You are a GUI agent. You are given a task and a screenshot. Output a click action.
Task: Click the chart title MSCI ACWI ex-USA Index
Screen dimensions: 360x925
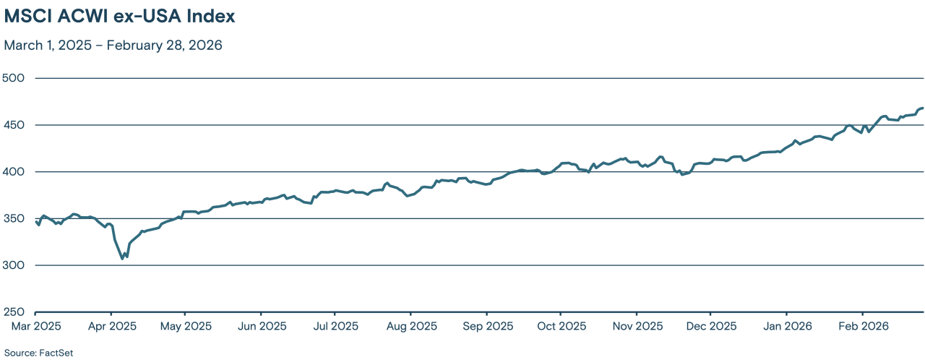coord(119,16)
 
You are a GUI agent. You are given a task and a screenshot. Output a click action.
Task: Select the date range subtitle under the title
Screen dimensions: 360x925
coord(113,45)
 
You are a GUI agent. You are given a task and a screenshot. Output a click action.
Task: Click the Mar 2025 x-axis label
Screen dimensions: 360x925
coord(35,326)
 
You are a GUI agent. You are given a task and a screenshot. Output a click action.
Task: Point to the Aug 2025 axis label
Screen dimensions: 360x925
coord(410,326)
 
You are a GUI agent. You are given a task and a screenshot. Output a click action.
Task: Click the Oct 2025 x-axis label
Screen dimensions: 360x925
coord(561,326)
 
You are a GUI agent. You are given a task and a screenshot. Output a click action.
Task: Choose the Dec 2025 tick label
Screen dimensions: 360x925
coord(710,326)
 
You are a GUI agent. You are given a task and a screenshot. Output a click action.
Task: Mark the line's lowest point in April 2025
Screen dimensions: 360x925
coord(122,258)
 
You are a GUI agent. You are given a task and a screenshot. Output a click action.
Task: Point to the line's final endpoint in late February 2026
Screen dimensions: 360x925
coord(923,108)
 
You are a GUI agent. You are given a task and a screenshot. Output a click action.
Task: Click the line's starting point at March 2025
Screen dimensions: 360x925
coord(35,222)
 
